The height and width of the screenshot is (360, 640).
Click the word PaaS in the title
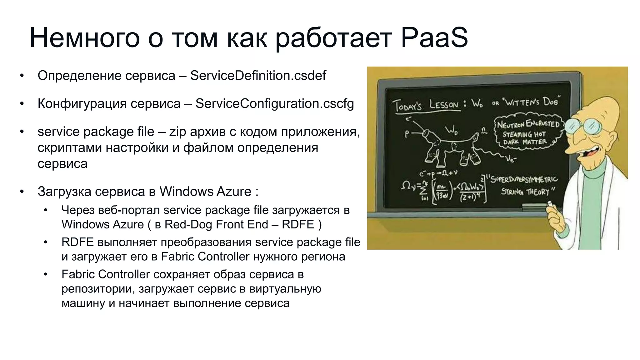[x=434, y=38]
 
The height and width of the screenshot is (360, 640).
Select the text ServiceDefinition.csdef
[x=258, y=76]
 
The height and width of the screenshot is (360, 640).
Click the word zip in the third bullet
[x=177, y=132]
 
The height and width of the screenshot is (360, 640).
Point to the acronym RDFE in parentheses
[x=297, y=225]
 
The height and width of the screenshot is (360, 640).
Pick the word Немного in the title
[x=84, y=38]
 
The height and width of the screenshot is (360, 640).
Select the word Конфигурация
[x=82, y=104]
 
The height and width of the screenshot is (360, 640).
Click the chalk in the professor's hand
[x=549, y=204]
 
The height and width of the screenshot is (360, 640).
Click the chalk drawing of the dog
[x=450, y=147]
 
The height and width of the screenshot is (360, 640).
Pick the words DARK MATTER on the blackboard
[x=525, y=142]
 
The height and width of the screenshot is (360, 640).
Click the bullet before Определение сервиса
[x=22, y=76]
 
